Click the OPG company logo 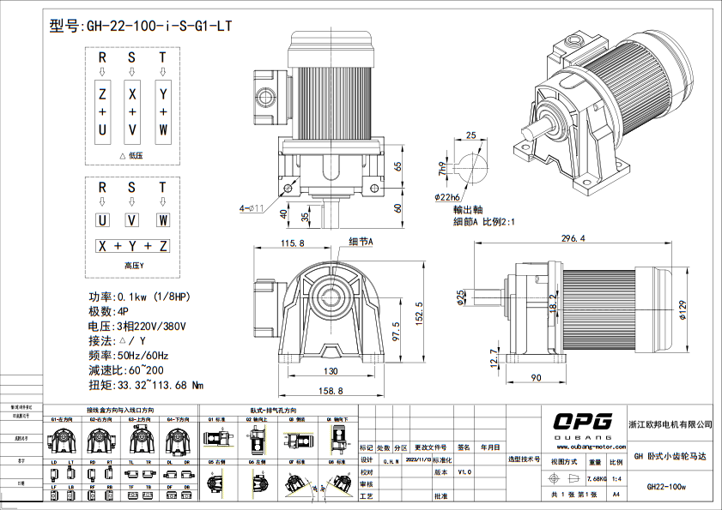[x=582, y=421]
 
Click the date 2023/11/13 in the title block [x=416, y=459]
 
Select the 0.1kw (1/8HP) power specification [x=163, y=297]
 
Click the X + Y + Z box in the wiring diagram [x=132, y=246]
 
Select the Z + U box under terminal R [x=102, y=112]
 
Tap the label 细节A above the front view [x=361, y=242]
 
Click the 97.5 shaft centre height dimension [x=396, y=330]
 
